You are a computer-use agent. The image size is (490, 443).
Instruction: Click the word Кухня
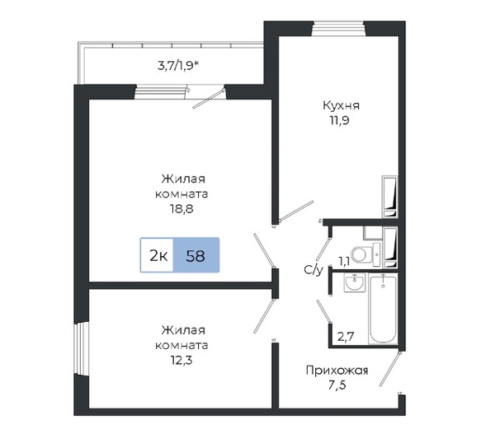pyautogui.click(x=341, y=105)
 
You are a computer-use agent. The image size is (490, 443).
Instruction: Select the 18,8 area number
pyautogui.click(x=181, y=208)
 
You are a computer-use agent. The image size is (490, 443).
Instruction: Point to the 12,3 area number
pyautogui.click(x=181, y=361)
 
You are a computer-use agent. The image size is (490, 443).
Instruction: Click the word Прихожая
pyautogui.click(x=337, y=371)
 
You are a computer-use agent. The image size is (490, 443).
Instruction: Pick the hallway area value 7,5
pyautogui.click(x=337, y=385)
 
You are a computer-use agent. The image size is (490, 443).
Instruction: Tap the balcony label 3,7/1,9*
pyautogui.click(x=178, y=66)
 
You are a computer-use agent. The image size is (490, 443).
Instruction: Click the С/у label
pyautogui.click(x=313, y=270)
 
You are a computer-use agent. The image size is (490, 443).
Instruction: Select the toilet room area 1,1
pyautogui.click(x=344, y=262)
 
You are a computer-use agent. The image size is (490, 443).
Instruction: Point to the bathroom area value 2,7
pyautogui.click(x=346, y=337)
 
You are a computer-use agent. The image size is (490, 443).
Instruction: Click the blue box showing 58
pyautogui.click(x=196, y=255)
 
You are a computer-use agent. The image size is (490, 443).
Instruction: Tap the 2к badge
pyautogui.click(x=157, y=255)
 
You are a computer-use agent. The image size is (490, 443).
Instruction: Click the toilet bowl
pyautogui.click(x=362, y=254)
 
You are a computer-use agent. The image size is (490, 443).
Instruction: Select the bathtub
pyautogui.click(x=383, y=309)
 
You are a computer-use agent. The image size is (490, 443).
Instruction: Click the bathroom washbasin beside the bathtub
pyautogui.click(x=355, y=282)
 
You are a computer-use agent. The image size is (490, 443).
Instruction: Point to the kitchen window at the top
pyautogui.click(x=339, y=28)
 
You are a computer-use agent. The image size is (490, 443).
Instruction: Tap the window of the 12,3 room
pyautogui.click(x=82, y=348)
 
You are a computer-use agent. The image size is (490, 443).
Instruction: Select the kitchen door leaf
pyautogui.click(x=296, y=211)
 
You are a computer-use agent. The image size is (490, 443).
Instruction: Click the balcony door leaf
pyautogui.click(x=209, y=99)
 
